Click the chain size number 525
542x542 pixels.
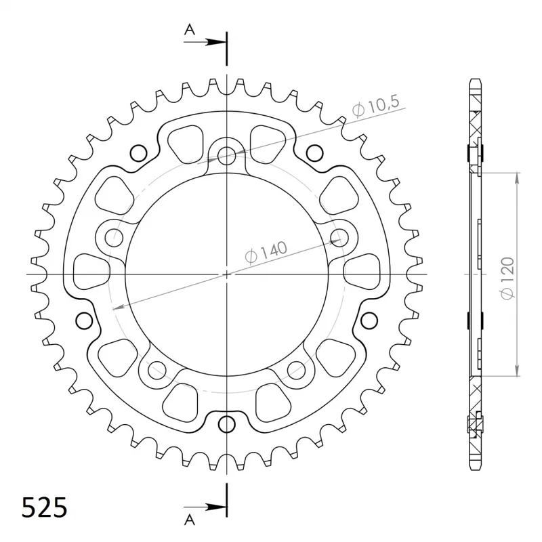44,508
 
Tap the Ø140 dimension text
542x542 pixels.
266,252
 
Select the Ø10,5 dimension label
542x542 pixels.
376,106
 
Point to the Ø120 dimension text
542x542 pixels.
507,278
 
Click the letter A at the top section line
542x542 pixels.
190,30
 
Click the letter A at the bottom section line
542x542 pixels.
190,519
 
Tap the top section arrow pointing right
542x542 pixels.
205,42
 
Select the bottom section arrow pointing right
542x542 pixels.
205,507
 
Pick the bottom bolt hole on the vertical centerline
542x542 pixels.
226,424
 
